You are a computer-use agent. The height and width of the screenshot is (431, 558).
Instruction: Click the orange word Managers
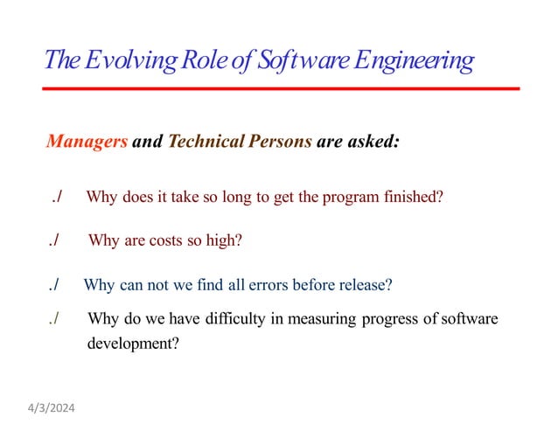click(87, 142)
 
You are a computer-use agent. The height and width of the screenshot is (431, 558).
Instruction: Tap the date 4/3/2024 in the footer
click(52, 408)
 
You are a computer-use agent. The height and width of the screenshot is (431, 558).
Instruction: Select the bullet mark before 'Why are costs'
click(54, 241)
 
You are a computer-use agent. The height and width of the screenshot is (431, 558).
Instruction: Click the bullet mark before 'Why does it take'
click(56, 197)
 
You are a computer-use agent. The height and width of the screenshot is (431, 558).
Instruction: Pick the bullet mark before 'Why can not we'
click(54, 285)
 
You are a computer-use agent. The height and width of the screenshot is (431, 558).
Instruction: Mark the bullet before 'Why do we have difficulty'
click(54, 319)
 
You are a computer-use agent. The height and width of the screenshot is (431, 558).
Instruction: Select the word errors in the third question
click(271, 285)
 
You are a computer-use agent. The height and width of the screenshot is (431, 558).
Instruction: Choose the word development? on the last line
click(133, 343)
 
